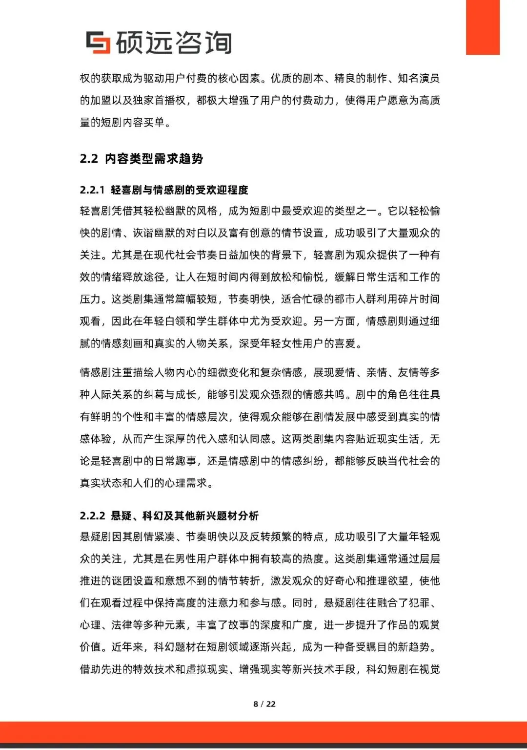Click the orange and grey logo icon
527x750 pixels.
point(98,42)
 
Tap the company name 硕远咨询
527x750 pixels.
point(174,43)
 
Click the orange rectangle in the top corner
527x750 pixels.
point(483,27)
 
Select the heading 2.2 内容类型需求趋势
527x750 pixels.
point(142,159)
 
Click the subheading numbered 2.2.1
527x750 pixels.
point(164,190)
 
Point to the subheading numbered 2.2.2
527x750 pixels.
point(169,515)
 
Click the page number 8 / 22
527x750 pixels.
point(264,704)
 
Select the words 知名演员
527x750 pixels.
point(419,79)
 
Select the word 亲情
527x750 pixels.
point(377,373)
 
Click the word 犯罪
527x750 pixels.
point(419,603)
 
